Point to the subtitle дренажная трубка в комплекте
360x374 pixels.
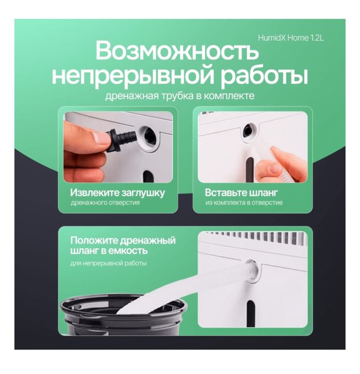180,97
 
